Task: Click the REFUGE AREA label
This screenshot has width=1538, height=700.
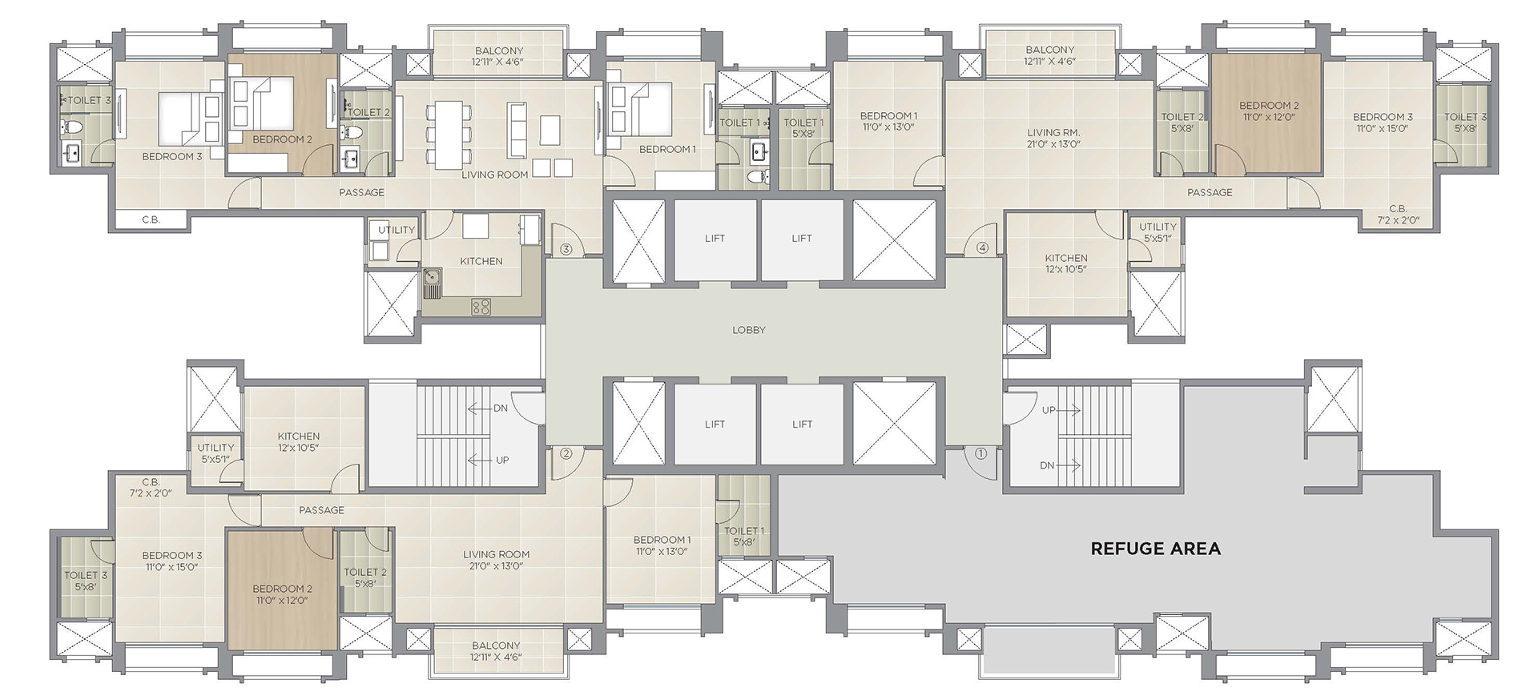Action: coord(1156,549)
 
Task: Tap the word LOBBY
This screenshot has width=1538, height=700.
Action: coord(749,330)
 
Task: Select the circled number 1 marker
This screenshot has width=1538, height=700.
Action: coord(980,453)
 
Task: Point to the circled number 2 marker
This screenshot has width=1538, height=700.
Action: coord(566,453)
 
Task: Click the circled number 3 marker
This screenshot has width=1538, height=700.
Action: coord(566,249)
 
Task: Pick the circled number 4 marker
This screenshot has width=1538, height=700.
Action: coord(983,248)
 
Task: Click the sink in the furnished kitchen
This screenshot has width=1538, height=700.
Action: coord(433,281)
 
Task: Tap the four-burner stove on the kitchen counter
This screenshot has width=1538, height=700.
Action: coord(481,306)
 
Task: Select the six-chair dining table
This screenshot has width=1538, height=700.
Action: coord(448,135)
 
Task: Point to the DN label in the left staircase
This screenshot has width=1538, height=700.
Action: coord(501,408)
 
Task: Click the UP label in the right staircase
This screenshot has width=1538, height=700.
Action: coord(1049,410)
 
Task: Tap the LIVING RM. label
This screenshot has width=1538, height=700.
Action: coord(1053,133)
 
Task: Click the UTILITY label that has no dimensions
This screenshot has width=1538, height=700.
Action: coord(397,230)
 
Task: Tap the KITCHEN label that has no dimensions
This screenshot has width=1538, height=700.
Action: coord(481,261)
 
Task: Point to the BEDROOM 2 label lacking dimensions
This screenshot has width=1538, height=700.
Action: coord(282,139)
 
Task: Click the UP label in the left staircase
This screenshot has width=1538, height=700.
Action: coord(502,460)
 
